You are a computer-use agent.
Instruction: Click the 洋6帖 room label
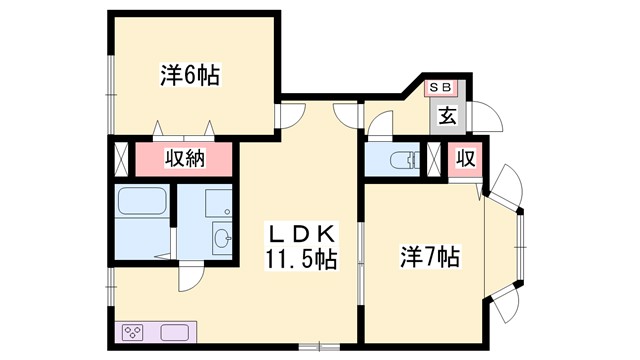(190, 74)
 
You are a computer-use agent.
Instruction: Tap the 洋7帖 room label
(431, 257)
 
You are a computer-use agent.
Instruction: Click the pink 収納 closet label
(185, 159)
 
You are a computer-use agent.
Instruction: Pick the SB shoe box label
(441, 88)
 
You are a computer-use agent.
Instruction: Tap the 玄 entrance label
(447, 115)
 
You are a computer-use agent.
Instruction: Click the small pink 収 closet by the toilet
(465, 159)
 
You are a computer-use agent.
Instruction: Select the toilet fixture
(405, 159)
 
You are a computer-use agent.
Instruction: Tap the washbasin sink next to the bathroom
(222, 238)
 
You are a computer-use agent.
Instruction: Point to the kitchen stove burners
(134, 332)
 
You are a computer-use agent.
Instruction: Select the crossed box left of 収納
(122, 159)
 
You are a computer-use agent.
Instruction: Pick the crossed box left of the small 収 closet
(435, 159)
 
